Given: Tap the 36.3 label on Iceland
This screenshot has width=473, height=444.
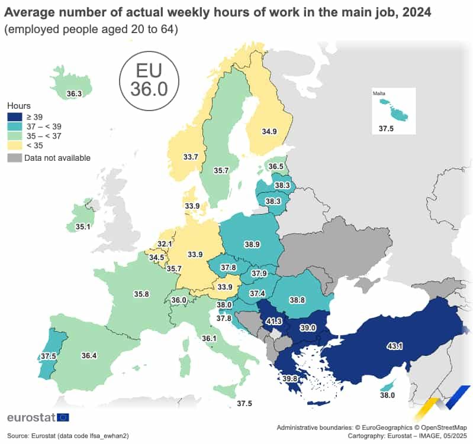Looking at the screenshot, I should (x=74, y=93).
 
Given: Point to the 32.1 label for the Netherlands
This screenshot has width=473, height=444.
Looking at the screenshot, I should (x=165, y=244).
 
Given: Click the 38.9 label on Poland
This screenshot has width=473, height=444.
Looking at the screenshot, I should (x=252, y=244).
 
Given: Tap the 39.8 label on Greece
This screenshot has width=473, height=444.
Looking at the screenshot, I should (x=290, y=379).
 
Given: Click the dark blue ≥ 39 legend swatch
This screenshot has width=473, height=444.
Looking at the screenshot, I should (x=14, y=117).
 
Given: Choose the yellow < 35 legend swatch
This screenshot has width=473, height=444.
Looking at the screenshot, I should (x=14, y=145).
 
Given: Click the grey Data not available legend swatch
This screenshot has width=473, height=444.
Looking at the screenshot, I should (x=14, y=158).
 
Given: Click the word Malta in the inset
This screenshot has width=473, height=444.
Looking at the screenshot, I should (x=379, y=93).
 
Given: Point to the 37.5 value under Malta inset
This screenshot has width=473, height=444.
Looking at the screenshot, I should (x=387, y=128).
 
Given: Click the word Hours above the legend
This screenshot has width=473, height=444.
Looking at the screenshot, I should (x=19, y=105).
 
